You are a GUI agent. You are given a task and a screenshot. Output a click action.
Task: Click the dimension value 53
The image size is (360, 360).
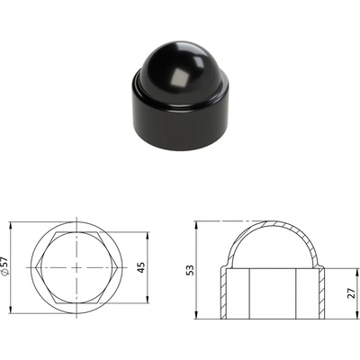pyautogui.click(x=190, y=270)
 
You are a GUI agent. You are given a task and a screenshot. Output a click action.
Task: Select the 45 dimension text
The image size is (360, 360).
pyautogui.click(x=141, y=267)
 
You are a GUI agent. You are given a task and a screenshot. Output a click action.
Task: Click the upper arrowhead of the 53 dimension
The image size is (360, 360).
pyautogui.click(x=196, y=226)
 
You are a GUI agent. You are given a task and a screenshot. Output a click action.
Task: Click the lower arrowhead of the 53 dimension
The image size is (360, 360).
pyautogui.click(x=196, y=315)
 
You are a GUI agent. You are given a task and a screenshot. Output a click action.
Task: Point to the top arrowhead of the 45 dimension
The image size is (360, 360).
pyautogui.click(x=148, y=237)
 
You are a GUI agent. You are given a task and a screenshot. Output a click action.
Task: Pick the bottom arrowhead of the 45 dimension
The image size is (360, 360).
pyautogui.click(x=148, y=299)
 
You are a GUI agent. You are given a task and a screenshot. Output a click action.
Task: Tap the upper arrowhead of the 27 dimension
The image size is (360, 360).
pyautogui.click(x=357, y=273)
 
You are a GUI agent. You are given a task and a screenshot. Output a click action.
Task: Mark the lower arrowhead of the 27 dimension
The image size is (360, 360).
pyautogui.click(x=357, y=315)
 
